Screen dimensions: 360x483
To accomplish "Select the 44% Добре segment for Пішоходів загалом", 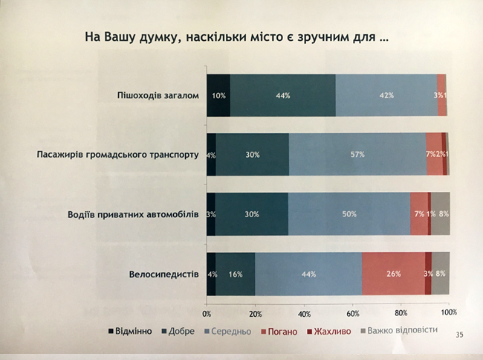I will point(282,95).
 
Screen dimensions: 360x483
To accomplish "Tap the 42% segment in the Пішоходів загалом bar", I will point(386,95).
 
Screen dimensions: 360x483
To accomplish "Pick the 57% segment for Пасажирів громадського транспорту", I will point(357,155).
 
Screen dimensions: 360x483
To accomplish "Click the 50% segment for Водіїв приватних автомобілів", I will point(349,214).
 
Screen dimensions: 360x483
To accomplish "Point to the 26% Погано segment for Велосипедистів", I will point(393,274).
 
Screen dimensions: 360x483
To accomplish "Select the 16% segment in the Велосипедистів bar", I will point(236,274).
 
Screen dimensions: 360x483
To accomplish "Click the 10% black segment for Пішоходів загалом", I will point(218,95).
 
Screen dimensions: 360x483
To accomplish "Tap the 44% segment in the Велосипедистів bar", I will point(308,274).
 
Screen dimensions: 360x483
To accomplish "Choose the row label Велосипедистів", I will point(163,274).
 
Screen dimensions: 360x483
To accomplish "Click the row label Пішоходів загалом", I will point(159,94).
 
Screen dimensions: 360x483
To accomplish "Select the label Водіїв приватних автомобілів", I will point(132,215).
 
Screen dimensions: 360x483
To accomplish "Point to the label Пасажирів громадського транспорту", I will point(118,155).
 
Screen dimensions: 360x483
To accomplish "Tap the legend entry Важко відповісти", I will point(398,330).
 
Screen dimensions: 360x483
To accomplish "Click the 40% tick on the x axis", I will point(304,312).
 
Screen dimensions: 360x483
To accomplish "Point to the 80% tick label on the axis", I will point(401,312).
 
